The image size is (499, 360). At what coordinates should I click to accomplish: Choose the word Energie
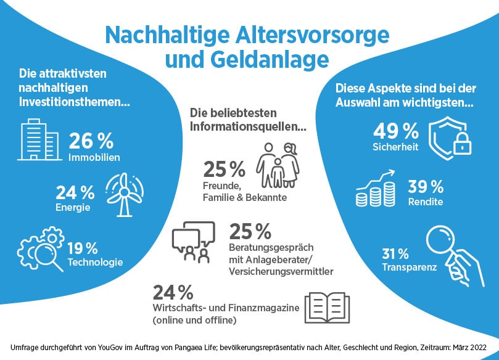pyautogui.click(x=73, y=207)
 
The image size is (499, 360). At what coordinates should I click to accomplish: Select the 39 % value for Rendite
pyautogui.click(x=426, y=187)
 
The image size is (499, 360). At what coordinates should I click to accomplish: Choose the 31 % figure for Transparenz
pyautogui.click(x=395, y=253)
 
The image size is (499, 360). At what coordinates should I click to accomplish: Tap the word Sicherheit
pyautogui.click(x=395, y=147)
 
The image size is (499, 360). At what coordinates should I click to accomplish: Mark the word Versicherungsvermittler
pyautogui.click(x=281, y=271)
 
